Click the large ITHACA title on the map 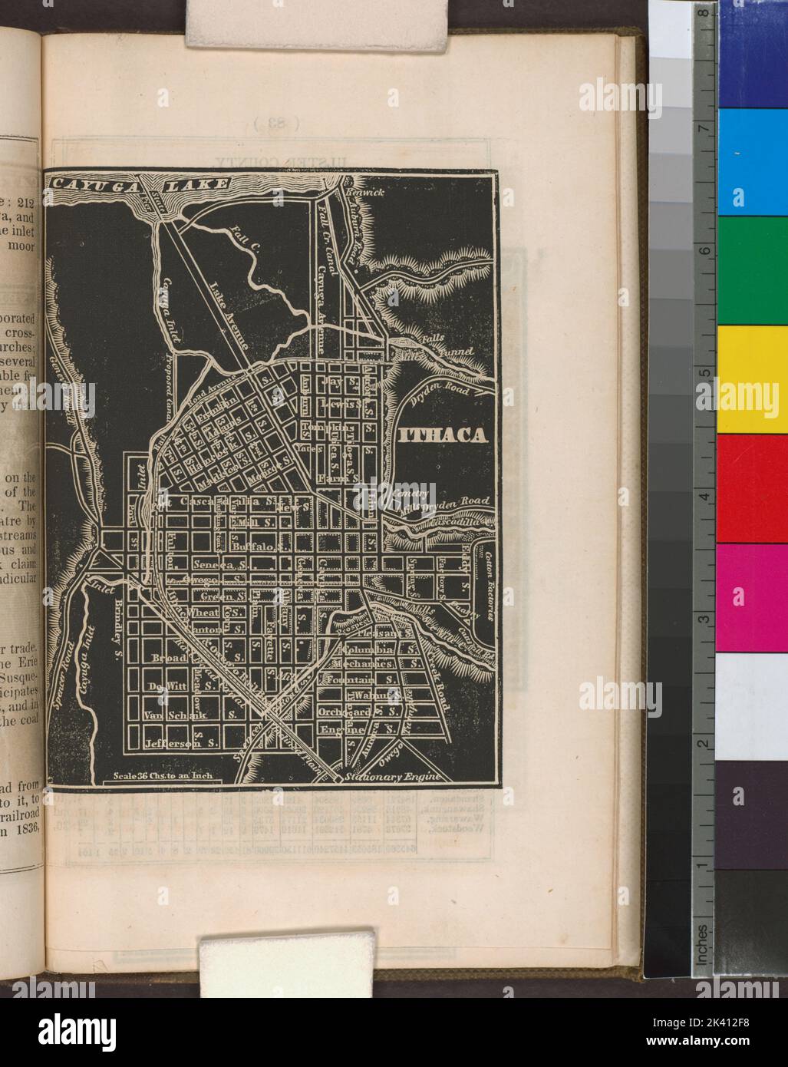[443, 436]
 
